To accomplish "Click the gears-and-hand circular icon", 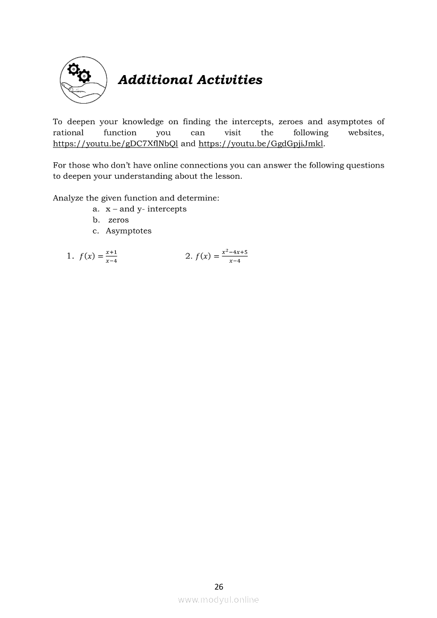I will coord(83,80).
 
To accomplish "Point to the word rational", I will coord(68,133).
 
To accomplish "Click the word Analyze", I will coord(68,198).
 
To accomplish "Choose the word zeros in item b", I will coord(119,220).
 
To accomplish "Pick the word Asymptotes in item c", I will coord(129,231).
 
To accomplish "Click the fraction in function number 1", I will coord(111,256).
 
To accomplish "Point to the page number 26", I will coord(219,586).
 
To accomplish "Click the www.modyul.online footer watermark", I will coord(218,599).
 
